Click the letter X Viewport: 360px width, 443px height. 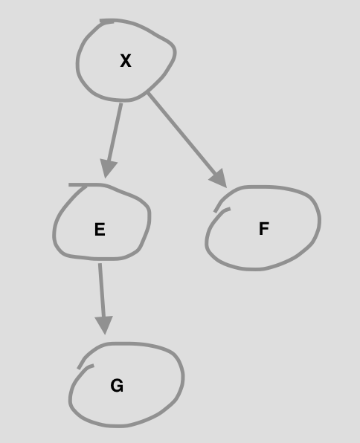(126, 61)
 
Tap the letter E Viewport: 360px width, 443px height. (100, 229)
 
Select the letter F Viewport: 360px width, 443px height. (264, 229)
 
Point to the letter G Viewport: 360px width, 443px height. (117, 386)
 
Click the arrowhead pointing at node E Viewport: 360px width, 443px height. (108, 169)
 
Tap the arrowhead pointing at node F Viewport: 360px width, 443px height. (219, 178)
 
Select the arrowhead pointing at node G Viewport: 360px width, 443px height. (104, 325)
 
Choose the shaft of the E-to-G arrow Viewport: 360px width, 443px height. (102, 290)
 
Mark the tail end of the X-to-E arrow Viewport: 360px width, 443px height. (121, 103)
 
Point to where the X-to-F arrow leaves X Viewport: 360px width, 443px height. (148, 93)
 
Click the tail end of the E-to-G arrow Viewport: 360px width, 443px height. (100, 264)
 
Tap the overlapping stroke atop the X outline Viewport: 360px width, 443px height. (107, 22)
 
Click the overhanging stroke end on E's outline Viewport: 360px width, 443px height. (70, 185)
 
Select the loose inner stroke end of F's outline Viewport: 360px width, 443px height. (230, 209)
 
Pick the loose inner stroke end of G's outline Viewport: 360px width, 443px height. (93, 366)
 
